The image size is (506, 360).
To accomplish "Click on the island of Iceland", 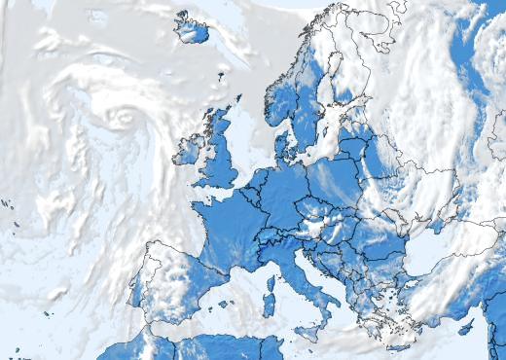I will (192, 29).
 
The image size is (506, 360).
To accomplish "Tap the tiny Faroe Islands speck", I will (222, 74).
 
